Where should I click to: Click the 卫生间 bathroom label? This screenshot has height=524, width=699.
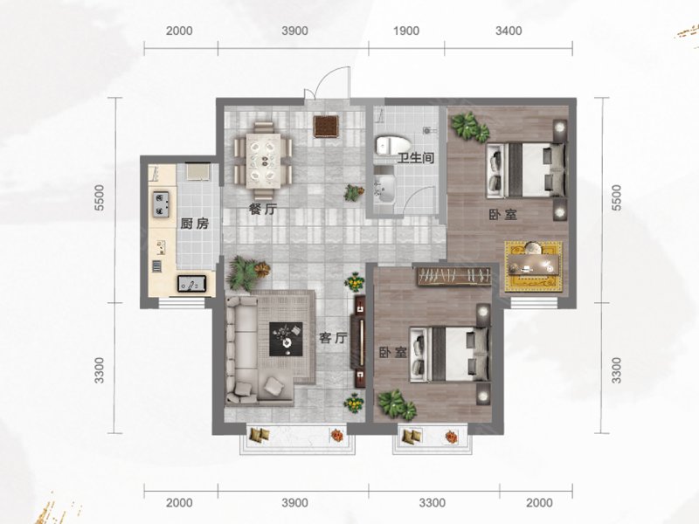pyautogui.click(x=416, y=158)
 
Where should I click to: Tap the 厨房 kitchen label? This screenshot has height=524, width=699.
pyautogui.click(x=194, y=224)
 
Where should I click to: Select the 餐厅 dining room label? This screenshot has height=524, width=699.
pyautogui.click(x=263, y=209)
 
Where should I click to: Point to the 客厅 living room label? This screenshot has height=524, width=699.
pyautogui.click(x=333, y=338)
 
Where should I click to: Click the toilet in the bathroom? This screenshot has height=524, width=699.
pyautogui.click(x=392, y=146)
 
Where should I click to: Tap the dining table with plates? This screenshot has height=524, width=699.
pyautogui.click(x=263, y=160)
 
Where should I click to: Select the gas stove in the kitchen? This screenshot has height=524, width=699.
pyautogui.click(x=161, y=204)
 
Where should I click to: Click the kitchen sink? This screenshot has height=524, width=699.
pyautogui.click(x=191, y=284)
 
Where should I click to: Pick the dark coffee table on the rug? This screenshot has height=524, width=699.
pyautogui.click(x=286, y=339)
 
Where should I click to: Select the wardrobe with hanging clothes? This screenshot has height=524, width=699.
pyautogui.click(x=454, y=276)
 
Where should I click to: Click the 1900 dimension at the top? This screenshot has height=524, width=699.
pyautogui.click(x=406, y=31)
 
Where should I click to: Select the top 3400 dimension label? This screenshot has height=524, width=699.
pyautogui.click(x=509, y=31)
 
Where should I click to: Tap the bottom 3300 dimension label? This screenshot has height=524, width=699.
pyautogui.click(x=433, y=503)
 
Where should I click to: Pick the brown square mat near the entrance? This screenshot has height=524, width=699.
pyautogui.click(x=327, y=126)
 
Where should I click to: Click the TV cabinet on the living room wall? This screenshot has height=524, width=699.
pyautogui.click(x=360, y=341)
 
